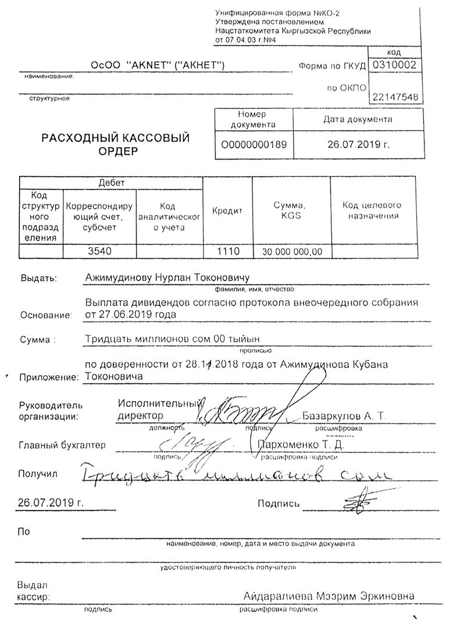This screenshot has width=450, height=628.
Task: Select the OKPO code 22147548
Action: [395, 97]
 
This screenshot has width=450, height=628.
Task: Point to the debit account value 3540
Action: [99, 251]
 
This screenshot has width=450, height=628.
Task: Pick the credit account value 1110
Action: [227, 251]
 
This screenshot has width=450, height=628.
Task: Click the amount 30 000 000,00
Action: [291, 252]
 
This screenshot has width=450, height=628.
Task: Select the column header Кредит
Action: [227, 211]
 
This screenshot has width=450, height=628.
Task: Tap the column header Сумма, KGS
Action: [291, 210]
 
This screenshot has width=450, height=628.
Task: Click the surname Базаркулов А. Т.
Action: [344, 416]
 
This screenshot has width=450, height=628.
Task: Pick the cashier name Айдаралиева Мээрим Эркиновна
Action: [330, 597]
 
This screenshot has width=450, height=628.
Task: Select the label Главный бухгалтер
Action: [62, 445]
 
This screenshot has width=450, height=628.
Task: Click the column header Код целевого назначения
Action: [373, 210]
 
